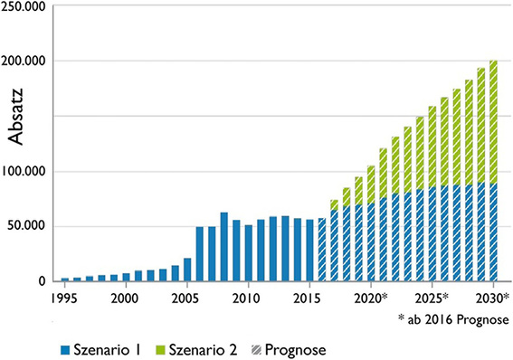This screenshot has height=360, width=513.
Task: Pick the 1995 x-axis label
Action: point(64,298)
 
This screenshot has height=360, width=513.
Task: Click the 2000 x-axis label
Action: point(125,298)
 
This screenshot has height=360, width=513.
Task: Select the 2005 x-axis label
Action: point(186,298)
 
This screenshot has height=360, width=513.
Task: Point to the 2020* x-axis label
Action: point(373,298)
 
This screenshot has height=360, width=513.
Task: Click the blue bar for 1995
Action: point(64,279)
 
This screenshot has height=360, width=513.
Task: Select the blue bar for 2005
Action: point(187,270)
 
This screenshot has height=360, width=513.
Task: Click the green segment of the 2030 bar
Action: point(493,122)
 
